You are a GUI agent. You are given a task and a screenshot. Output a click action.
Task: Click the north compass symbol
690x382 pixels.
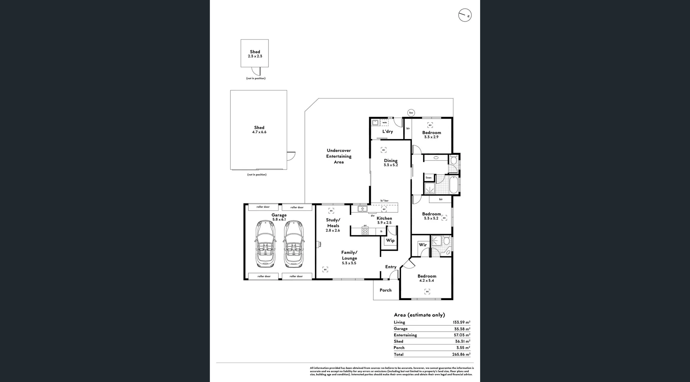(465, 15)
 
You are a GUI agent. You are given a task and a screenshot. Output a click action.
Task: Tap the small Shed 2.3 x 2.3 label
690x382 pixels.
(255, 54)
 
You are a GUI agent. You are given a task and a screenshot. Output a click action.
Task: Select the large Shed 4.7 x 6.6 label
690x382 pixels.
(259, 130)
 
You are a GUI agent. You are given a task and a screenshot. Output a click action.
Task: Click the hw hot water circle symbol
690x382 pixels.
(411, 112)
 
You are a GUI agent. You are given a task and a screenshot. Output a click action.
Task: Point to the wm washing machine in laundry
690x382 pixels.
(384, 123)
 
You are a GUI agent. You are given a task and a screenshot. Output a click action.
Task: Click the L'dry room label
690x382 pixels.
(387, 132)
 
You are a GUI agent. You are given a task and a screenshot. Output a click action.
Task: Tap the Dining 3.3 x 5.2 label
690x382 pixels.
(391, 163)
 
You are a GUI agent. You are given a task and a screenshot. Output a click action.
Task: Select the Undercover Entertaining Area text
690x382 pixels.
(339, 156)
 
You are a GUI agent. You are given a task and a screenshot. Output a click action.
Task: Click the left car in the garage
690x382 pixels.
(264, 244)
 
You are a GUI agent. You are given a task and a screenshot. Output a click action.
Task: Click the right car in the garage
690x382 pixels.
(293, 244)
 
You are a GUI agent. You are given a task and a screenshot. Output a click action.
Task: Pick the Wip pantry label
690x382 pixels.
(390, 240)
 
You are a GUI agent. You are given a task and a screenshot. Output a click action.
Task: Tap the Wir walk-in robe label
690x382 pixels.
(423, 245)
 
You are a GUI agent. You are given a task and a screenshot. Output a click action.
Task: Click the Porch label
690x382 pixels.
(386, 290)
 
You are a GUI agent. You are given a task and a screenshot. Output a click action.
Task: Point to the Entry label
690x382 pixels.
(391, 267)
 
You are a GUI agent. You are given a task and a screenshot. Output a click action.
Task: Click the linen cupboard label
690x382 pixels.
(428, 178)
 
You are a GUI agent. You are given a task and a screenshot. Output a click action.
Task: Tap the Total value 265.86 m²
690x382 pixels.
(461, 354)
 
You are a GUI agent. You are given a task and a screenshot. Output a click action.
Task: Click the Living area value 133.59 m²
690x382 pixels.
(461, 322)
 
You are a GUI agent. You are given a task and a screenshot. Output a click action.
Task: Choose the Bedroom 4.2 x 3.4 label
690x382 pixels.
(427, 278)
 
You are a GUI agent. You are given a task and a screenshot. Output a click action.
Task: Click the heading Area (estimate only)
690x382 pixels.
(419, 315)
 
